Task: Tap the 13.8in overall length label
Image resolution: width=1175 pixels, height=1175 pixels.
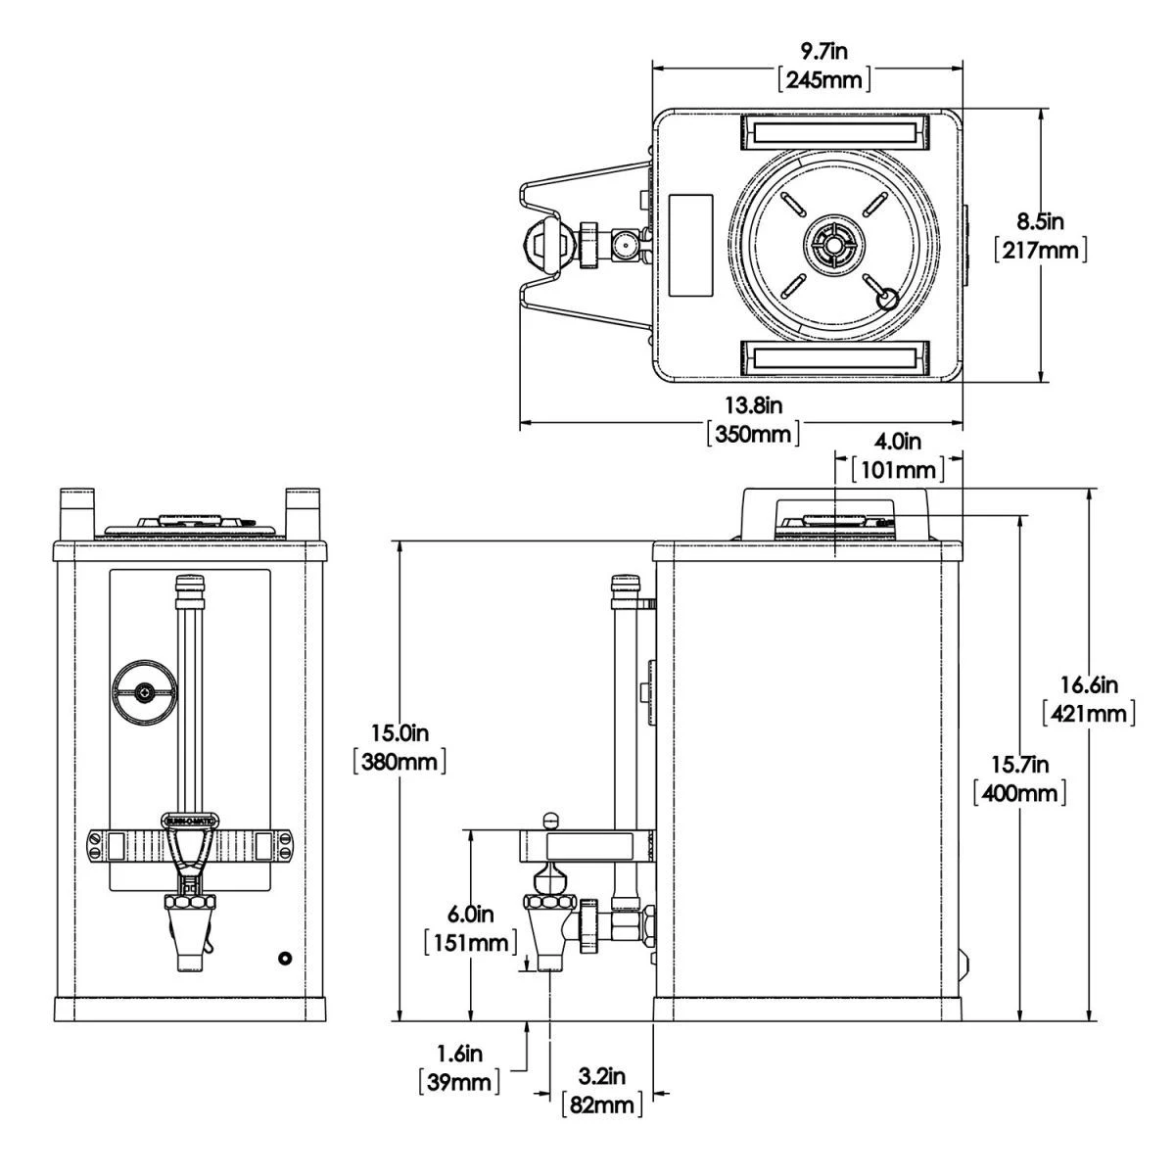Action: [x=753, y=403]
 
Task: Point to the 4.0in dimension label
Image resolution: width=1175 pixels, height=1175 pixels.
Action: [x=898, y=442]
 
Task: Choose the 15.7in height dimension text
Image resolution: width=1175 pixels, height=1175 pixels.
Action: [x=1019, y=764]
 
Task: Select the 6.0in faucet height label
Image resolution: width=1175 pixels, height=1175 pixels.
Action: [x=472, y=915]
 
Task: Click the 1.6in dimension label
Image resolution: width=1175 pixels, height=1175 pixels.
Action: [x=459, y=1054]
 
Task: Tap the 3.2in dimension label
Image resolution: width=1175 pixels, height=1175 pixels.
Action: [x=601, y=1077]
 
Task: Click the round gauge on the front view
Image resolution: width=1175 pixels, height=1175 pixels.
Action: [x=145, y=693]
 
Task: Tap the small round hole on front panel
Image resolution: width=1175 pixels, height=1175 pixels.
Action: [x=285, y=959]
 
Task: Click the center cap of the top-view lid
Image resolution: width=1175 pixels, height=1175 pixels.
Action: [x=831, y=244]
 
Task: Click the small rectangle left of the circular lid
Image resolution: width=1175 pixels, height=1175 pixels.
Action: [x=690, y=245]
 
